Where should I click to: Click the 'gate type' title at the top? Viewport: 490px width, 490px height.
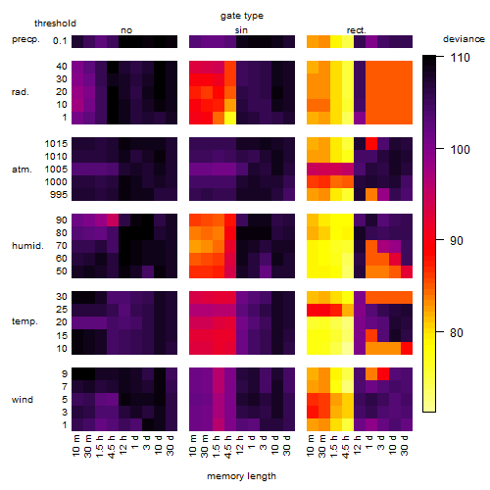(x=242, y=16)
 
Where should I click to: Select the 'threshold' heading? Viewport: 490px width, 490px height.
(x=55, y=24)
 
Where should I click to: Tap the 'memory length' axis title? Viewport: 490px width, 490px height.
(x=241, y=476)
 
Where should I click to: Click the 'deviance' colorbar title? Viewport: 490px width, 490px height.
(x=464, y=39)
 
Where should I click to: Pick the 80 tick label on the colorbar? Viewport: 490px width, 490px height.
(x=457, y=333)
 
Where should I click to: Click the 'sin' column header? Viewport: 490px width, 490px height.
(x=241, y=30)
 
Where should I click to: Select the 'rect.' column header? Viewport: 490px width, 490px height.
(x=357, y=30)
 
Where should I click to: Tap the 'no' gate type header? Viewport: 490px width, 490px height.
(x=126, y=30)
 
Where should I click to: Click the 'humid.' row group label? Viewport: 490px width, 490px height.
(x=27, y=246)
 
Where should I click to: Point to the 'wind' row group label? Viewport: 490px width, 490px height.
(x=23, y=400)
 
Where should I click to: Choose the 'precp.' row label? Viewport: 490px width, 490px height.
(x=25, y=39)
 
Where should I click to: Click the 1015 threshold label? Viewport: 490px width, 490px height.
(x=56, y=144)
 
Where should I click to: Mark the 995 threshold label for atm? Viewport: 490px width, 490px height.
(x=59, y=195)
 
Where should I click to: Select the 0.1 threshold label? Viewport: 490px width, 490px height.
(x=60, y=41)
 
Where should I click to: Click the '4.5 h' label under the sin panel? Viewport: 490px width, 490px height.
(x=228, y=446)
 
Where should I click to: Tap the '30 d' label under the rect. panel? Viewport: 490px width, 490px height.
(x=405, y=445)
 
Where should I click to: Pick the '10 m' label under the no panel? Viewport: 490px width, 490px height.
(x=75, y=446)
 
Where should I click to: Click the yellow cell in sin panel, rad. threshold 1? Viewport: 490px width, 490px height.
(x=230, y=118)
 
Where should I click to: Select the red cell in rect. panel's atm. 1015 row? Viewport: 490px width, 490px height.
(x=371, y=143)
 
